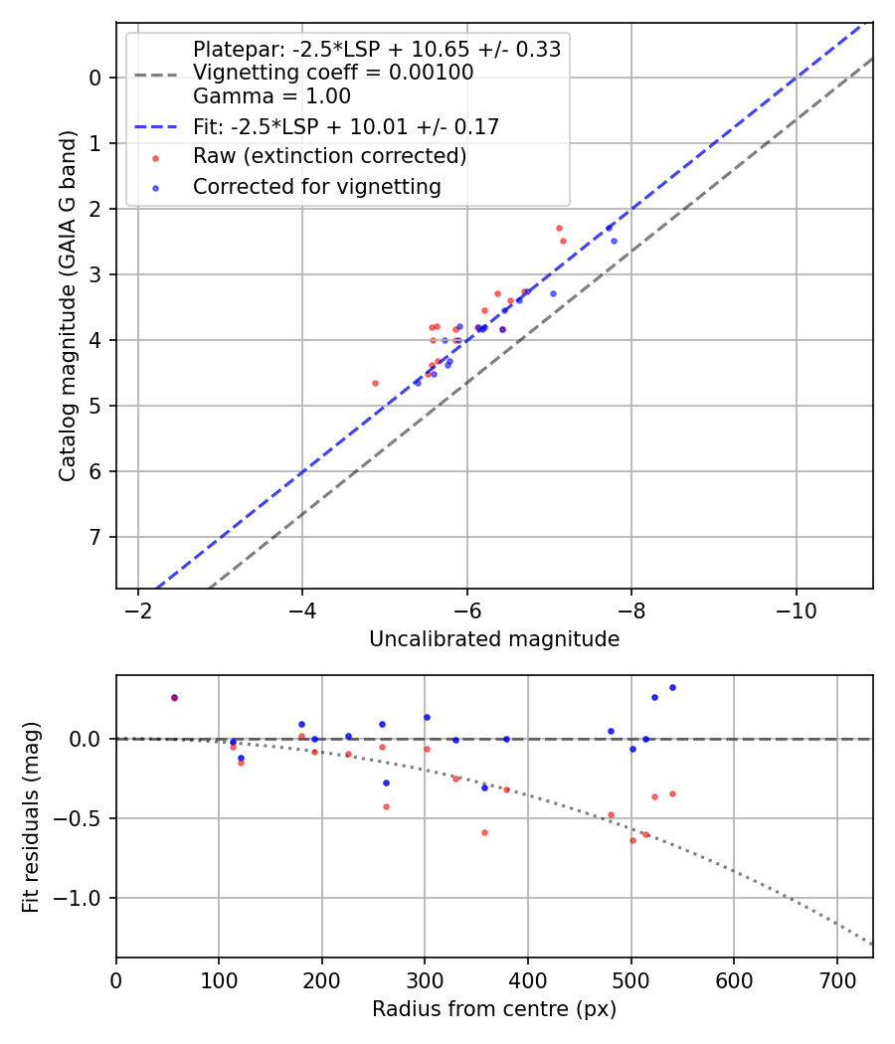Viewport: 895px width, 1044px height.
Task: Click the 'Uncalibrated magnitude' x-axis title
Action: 494,639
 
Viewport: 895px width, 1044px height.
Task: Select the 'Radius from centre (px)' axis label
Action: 494,1009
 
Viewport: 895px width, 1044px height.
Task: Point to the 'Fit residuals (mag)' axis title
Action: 31,815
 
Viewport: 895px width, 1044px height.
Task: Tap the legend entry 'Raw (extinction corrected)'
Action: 329,156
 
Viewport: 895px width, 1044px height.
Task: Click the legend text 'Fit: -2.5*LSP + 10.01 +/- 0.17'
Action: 345,126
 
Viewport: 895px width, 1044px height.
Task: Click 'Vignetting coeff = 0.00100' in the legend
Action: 333,73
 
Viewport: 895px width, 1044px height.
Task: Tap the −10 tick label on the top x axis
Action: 796,609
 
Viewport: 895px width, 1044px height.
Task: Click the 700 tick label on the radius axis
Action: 836,979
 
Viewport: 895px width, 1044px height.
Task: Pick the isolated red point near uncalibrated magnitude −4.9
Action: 375,383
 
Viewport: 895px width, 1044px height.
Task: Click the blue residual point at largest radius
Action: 672,687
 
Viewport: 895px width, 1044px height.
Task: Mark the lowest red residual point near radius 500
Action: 632,840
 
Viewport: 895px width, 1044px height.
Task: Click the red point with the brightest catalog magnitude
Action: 559,228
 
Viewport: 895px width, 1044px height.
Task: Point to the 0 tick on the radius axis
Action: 116,979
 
